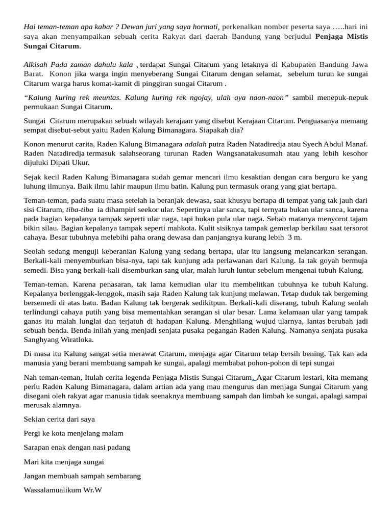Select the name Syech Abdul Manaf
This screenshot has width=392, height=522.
[x=337, y=144]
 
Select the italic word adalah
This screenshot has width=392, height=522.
[x=195, y=144]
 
